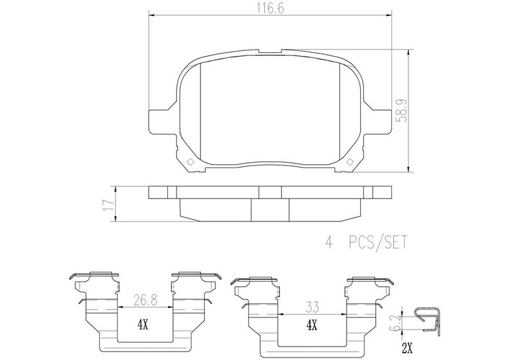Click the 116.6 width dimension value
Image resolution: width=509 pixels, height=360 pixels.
pyautogui.click(x=270, y=9)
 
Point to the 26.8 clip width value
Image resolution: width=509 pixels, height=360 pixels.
pyautogui.click(x=145, y=301)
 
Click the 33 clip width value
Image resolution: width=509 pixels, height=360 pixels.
pyautogui.click(x=312, y=307)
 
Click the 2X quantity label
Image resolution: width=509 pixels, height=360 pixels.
pyautogui.click(x=407, y=349)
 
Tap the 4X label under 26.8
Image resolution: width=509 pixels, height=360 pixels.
pyautogui.click(x=143, y=324)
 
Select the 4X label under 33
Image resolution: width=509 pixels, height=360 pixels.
pyautogui.click(x=312, y=324)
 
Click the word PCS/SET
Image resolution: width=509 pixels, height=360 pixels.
pyautogui.click(x=378, y=242)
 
